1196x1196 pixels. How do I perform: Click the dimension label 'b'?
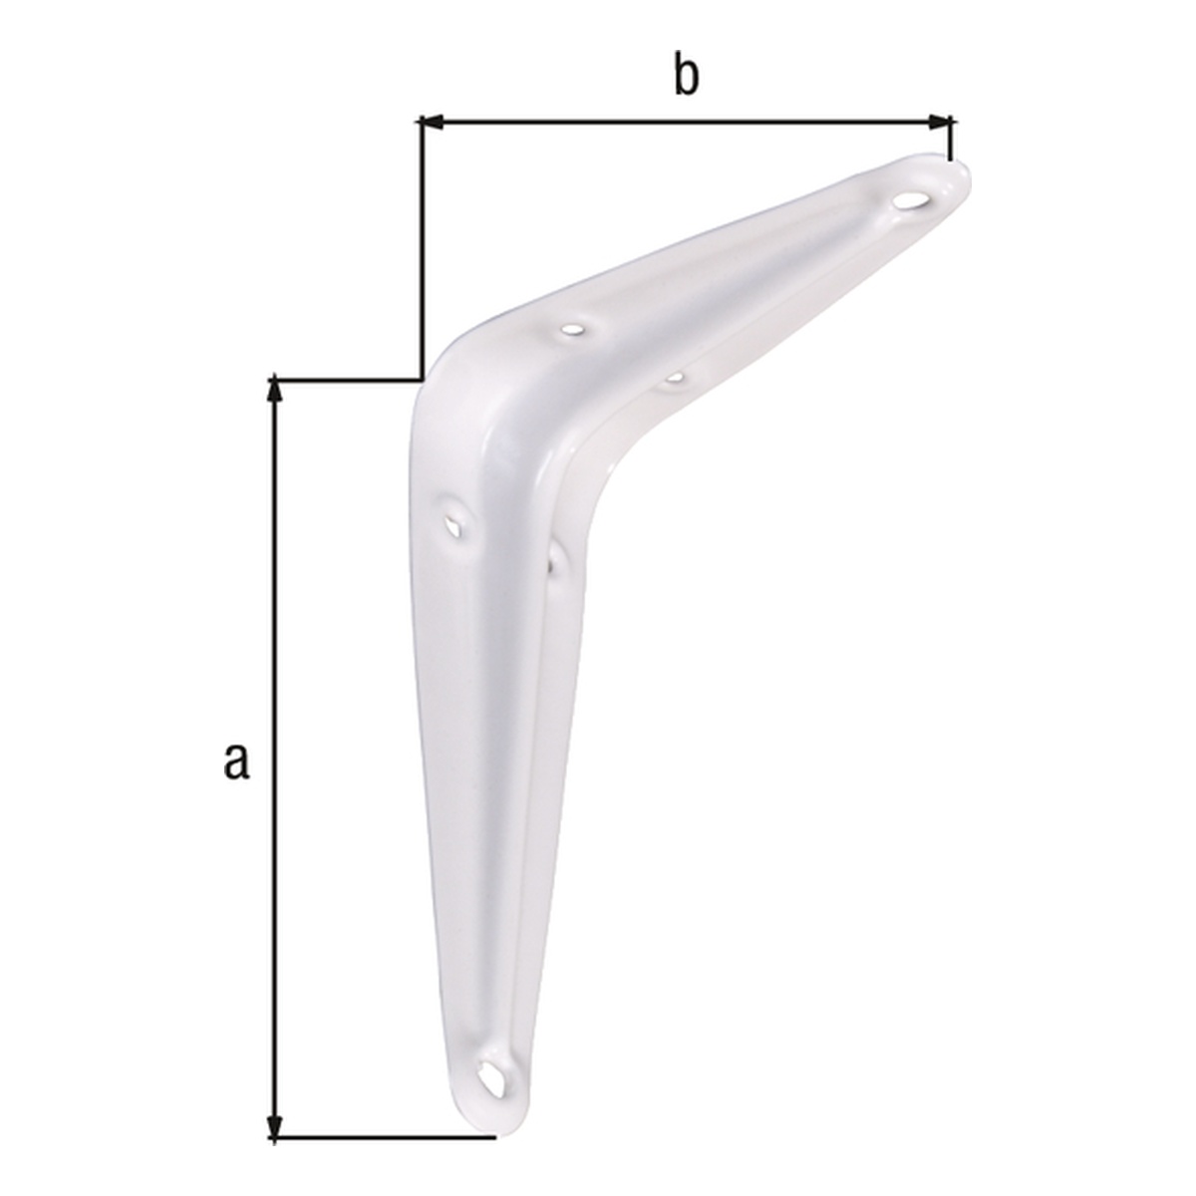click(686, 77)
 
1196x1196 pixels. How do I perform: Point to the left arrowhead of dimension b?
click(432, 124)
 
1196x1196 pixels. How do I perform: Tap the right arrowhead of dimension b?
click(939, 124)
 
